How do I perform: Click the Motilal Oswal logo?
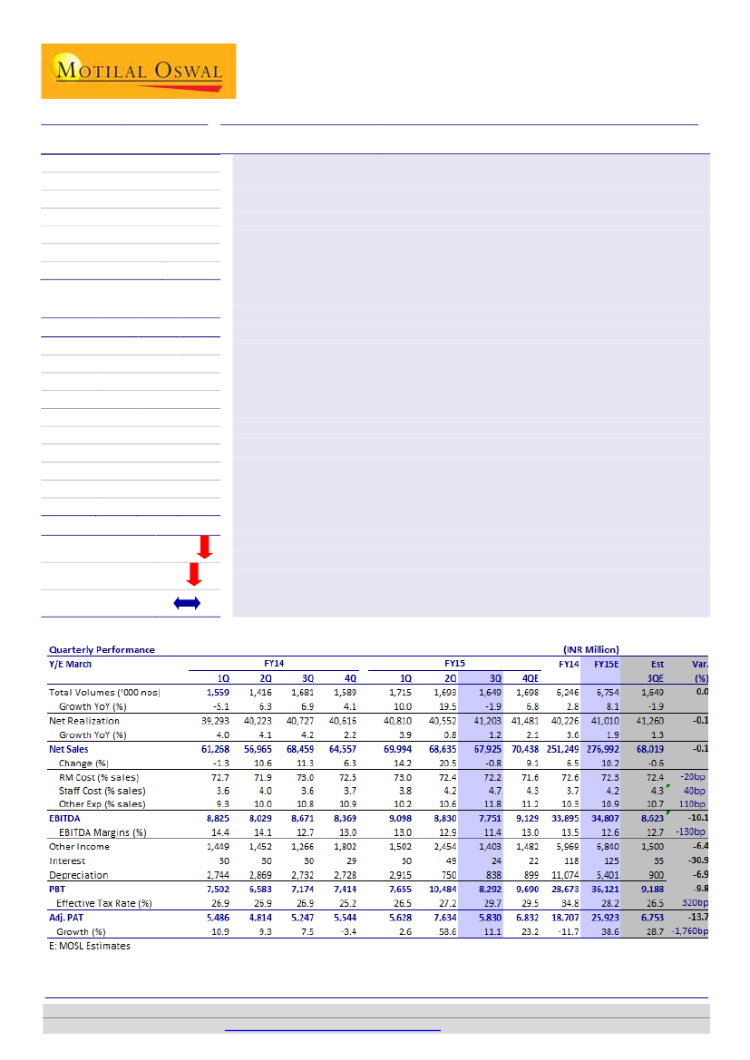coord(138,71)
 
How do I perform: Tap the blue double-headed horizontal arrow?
coord(186,604)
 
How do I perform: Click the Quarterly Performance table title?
coord(102,649)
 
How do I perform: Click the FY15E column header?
coord(607,664)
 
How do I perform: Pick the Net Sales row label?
coord(70,750)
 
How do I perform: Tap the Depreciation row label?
coord(78,875)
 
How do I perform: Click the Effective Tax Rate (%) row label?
coord(105,903)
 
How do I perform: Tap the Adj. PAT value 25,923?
coord(603,918)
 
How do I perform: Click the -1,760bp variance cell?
coord(690,931)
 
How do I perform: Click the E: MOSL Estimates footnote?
coord(89,946)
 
